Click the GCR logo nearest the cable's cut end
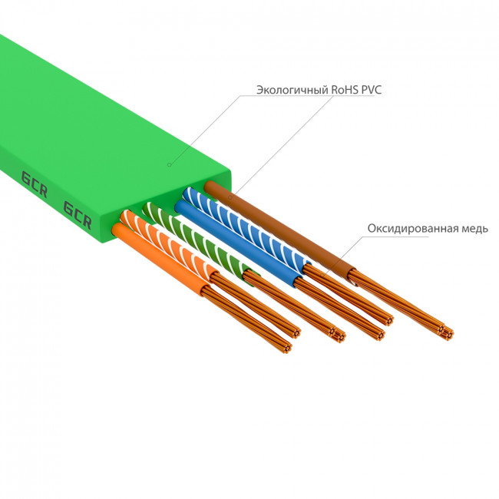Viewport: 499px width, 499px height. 77,216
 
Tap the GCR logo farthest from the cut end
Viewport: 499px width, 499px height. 34,183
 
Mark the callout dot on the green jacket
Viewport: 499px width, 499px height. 169,164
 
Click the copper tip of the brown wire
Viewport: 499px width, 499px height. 444,332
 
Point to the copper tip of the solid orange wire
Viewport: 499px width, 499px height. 288,348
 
